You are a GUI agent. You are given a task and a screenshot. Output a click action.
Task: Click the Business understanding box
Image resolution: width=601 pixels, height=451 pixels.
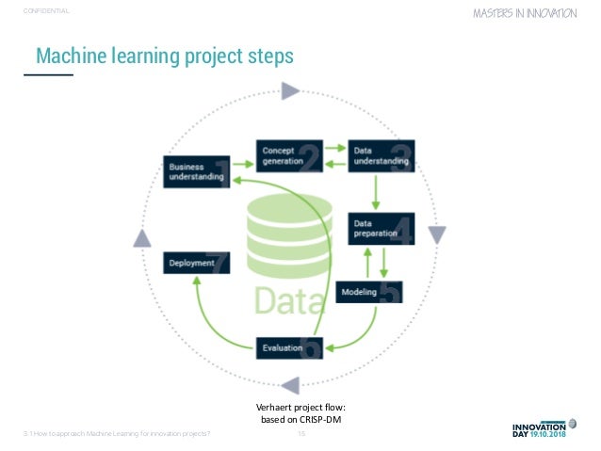point(195,171)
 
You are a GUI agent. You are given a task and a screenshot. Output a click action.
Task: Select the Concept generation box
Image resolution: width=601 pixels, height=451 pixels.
point(288,154)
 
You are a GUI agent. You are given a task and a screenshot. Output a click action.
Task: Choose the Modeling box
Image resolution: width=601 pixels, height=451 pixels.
point(369,293)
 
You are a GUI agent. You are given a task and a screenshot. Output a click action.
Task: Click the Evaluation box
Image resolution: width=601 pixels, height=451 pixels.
point(288,347)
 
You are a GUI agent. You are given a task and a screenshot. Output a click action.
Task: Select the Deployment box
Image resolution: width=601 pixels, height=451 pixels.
point(195,264)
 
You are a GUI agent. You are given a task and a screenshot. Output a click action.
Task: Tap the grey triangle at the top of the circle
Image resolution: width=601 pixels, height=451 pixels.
point(290,91)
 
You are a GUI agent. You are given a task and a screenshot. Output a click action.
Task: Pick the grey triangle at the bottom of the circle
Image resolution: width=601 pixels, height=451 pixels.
point(290,384)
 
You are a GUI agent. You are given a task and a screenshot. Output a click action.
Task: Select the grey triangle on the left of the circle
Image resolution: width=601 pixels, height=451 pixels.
point(141,238)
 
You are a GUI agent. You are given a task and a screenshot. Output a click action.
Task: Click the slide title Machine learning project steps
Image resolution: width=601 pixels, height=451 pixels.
point(165,57)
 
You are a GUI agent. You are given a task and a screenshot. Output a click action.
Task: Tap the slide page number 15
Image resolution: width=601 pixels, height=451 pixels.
point(301,433)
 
